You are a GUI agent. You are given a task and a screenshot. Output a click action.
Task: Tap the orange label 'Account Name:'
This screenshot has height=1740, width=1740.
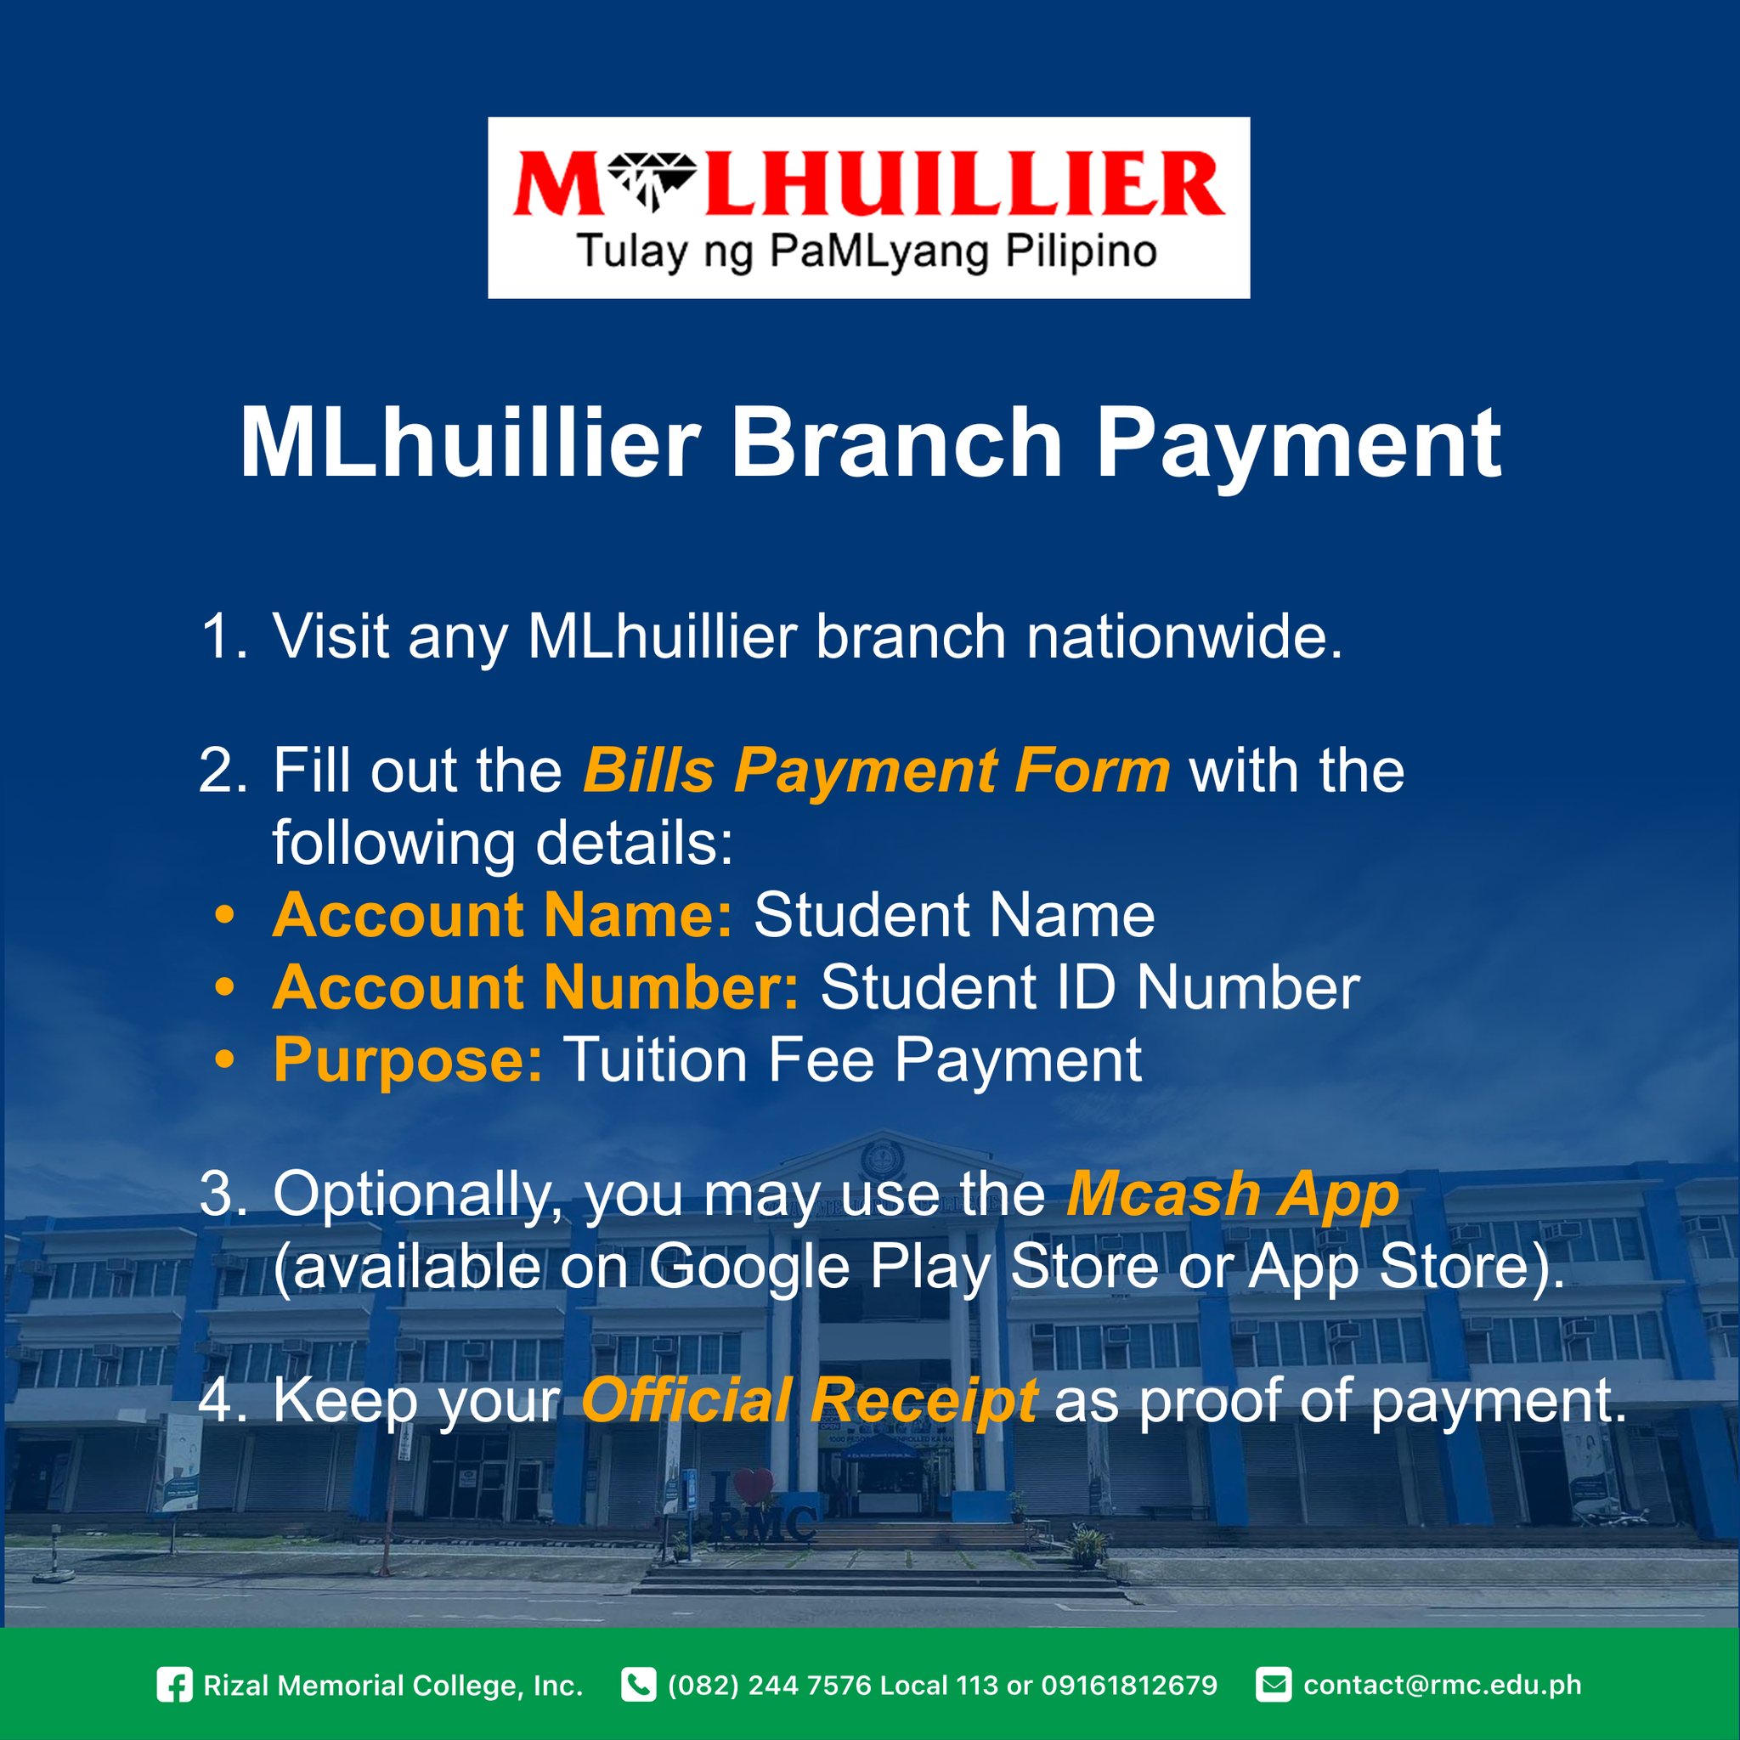click(x=503, y=915)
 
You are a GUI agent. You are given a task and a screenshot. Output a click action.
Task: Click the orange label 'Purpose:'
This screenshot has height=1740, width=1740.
click(x=408, y=1060)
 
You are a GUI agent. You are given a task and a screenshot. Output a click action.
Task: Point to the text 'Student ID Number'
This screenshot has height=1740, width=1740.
click(x=1090, y=987)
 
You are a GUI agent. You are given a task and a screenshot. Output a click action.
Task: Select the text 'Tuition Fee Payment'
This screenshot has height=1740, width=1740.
click(x=853, y=1060)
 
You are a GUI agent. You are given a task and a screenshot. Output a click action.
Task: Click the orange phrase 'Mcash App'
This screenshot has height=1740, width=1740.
click(x=1232, y=1196)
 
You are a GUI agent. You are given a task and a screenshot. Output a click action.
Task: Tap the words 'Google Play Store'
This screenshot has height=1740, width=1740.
click(x=903, y=1268)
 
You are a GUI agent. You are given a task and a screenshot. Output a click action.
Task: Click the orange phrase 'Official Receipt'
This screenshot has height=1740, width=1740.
click(x=809, y=1401)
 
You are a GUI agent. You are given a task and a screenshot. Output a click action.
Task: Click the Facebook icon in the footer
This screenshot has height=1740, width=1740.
click(x=175, y=1685)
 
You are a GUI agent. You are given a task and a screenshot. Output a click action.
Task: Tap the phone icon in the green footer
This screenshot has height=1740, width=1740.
click(x=638, y=1685)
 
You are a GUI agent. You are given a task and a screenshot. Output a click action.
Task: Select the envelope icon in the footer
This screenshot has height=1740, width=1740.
click(x=1273, y=1685)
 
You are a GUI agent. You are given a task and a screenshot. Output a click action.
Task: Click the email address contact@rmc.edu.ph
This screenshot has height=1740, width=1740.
click(x=1442, y=1685)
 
